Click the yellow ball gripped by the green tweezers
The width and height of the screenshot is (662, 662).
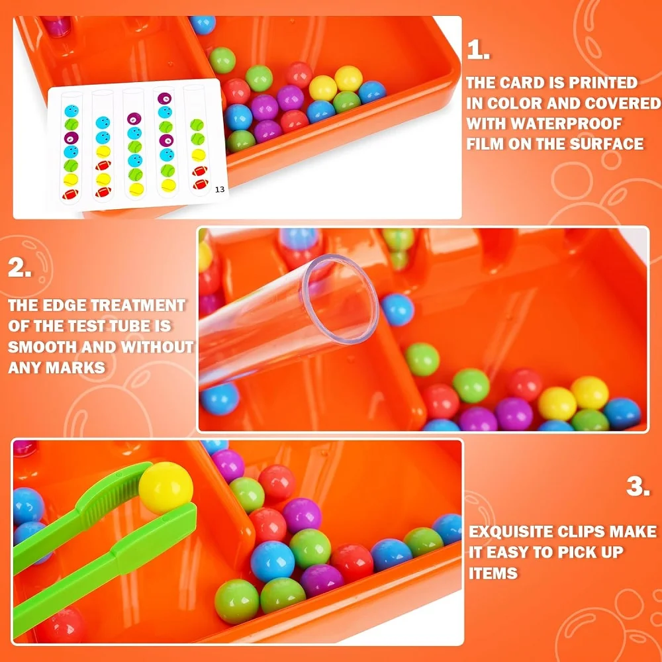pos(165,488)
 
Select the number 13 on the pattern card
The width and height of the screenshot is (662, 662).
pos(220,189)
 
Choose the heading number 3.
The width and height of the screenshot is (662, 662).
pos(638,487)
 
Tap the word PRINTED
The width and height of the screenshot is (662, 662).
pos(606,83)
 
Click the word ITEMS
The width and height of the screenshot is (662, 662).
pos(493,573)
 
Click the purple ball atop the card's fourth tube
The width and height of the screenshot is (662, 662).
pos(164,99)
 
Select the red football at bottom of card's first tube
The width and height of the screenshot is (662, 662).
pos(70,194)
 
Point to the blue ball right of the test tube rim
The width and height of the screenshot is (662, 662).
pos(397,309)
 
